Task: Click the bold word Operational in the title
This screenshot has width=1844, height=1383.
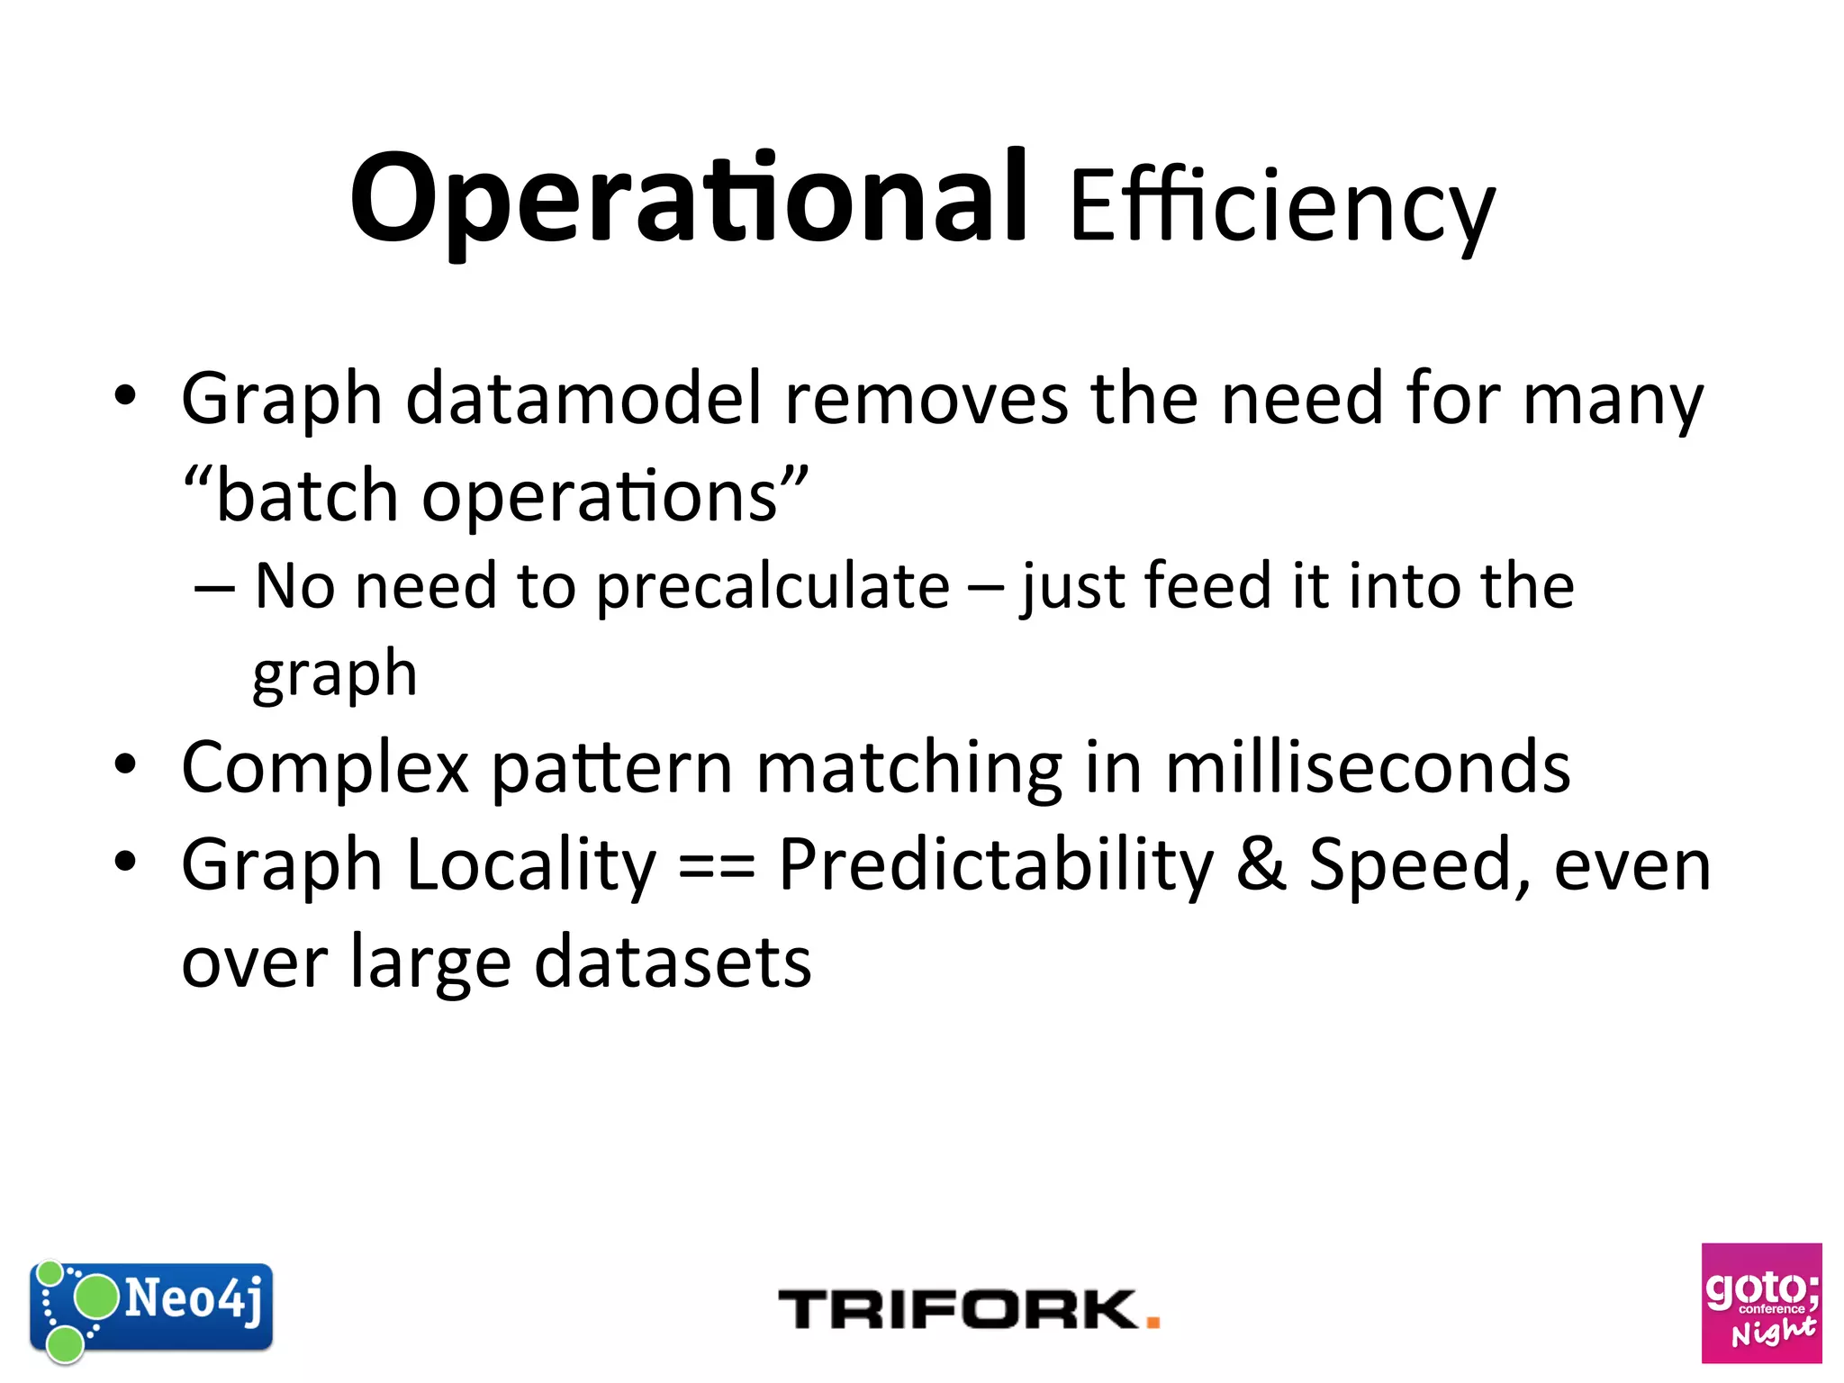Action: click(x=689, y=198)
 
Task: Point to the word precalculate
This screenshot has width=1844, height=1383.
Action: click(x=773, y=587)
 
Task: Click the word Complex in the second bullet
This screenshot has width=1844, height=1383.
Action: click(x=325, y=768)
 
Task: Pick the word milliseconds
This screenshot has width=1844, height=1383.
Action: click(x=1368, y=768)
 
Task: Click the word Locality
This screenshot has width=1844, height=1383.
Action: click(x=531, y=865)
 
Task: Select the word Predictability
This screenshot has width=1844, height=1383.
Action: click(x=996, y=865)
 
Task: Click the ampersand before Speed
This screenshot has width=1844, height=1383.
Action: click(x=1261, y=865)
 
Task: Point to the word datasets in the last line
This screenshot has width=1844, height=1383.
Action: click(x=673, y=963)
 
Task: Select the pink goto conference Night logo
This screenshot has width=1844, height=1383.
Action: click(x=1761, y=1303)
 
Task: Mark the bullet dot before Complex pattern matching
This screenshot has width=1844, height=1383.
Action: click(x=125, y=765)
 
